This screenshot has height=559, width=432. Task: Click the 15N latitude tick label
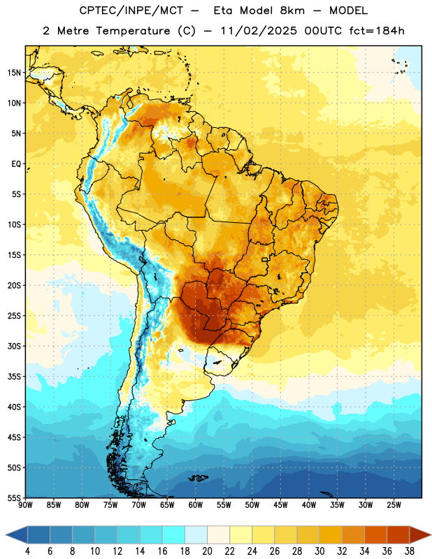pos(14,73)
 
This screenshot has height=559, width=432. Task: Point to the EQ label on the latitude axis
pos(16,164)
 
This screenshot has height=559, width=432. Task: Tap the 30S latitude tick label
pos(14,346)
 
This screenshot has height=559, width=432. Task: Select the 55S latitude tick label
pos(14,498)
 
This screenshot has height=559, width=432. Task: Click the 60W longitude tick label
pos(196,505)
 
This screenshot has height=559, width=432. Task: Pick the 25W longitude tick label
pos(394,505)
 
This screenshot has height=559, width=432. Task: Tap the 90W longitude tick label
pos(25,505)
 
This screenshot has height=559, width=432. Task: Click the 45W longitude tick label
pos(280,505)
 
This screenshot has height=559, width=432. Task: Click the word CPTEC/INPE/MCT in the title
pos(131,11)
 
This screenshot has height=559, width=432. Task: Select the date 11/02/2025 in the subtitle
pos(259,31)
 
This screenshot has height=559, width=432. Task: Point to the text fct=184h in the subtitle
pos(377,31)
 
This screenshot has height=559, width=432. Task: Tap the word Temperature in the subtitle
pos(133,31)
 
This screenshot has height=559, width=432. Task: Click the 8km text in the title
pos(292,11)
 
